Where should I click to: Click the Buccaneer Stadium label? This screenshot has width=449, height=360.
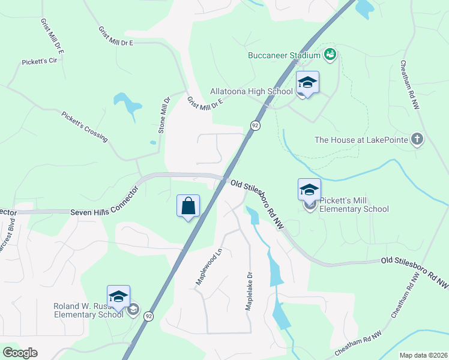coord(285,55)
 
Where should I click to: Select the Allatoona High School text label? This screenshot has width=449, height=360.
coord(251,91)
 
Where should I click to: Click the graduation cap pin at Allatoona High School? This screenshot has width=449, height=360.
coord(307,84)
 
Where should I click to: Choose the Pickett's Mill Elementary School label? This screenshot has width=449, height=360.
coord(354,205)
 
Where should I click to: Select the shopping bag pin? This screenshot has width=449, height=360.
coord(188,206)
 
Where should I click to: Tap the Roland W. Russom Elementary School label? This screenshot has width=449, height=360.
coord(88,310)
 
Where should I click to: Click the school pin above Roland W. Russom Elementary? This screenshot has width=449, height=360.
coord(119,298)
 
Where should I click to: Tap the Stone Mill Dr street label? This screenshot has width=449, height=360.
coord(164,114)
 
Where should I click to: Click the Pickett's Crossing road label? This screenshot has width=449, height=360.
coord(84,126)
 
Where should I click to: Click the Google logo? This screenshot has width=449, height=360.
coord(20,353)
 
